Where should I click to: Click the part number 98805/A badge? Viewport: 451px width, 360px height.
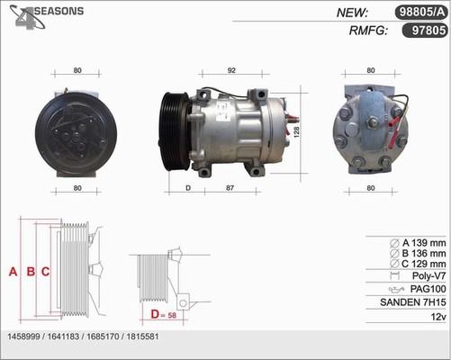point(421,13)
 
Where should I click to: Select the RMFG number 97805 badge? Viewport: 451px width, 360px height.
point(425,31)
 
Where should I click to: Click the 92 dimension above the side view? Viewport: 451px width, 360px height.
point(231,70)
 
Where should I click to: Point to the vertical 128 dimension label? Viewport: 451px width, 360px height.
point(296,132)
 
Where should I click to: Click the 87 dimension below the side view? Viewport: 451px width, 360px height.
point(230,188)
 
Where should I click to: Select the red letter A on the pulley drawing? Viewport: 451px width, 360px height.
point(13,272)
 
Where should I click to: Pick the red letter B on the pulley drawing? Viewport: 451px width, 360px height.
point(31,272)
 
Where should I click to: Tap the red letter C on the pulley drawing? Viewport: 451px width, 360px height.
point(45,272)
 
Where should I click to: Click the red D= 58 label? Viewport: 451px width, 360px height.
point(164,315)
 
